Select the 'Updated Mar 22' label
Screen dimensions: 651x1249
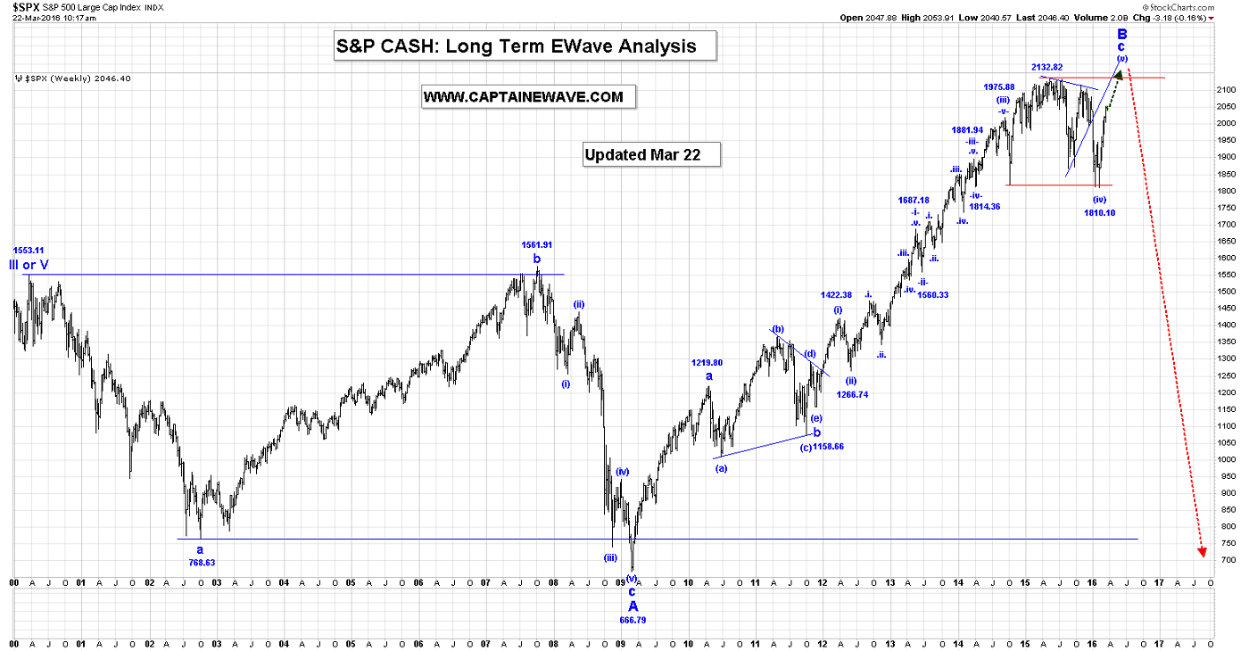click(642, 154)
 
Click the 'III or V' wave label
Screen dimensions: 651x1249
click(29, 265)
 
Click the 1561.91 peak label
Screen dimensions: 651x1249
click(537, 244)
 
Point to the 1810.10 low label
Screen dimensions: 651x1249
click(1099, 213)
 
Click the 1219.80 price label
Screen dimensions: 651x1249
click(707, 363)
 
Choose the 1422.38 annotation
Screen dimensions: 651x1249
click(836, 295)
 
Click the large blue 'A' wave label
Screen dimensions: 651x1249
click(633, 606)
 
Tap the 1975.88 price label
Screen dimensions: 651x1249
click(999, 87)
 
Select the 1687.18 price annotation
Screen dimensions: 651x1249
click(914, 201)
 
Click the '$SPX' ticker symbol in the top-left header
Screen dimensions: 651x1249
click(24, 6)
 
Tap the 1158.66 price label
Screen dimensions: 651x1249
click(828, 446)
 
